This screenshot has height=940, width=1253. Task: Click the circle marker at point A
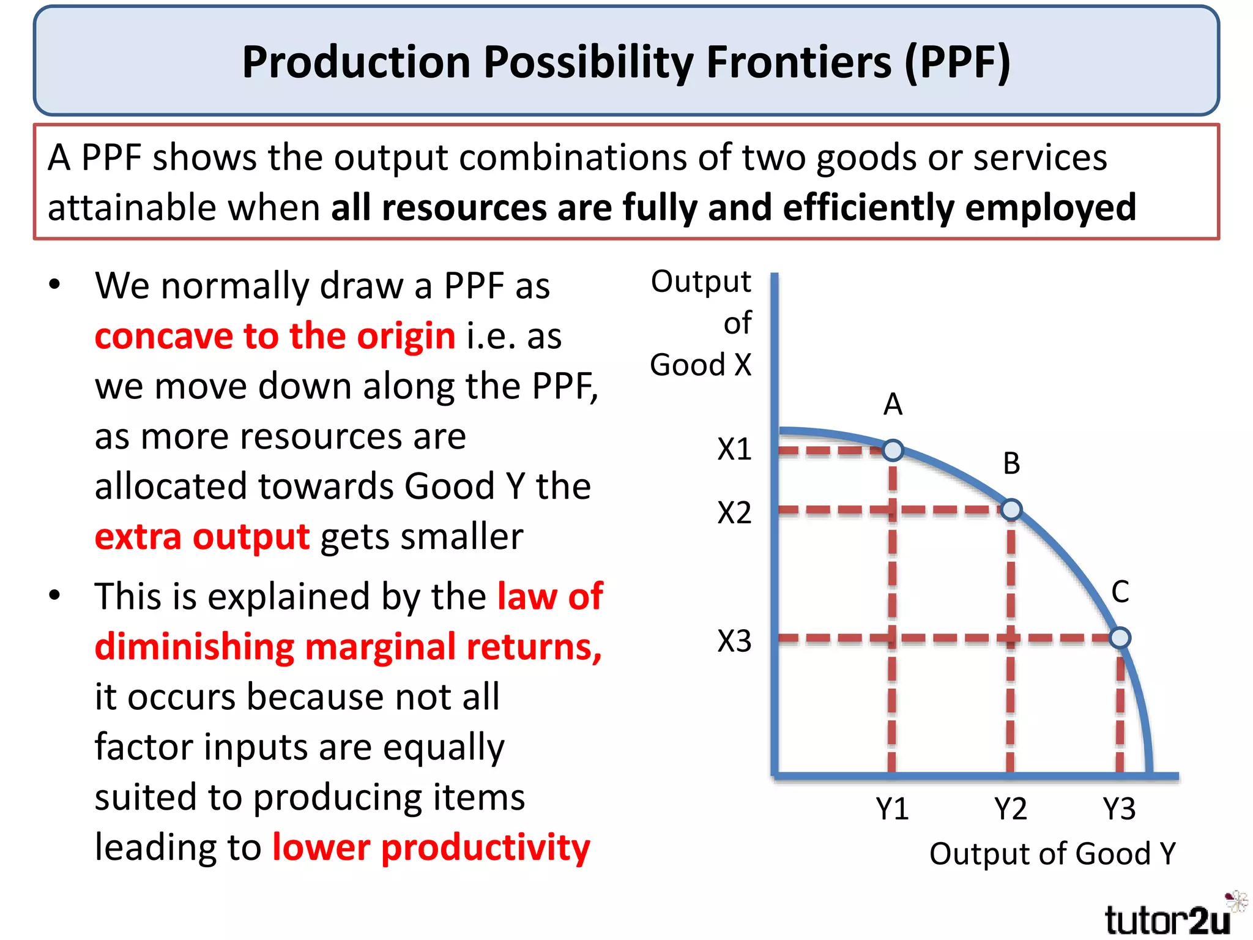[x=893, y=450]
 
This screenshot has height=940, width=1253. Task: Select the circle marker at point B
[x=1011, y=509]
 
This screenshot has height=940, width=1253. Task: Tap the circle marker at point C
[x=1120, y=638]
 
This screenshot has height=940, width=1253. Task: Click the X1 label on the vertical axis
[x=734, y=450]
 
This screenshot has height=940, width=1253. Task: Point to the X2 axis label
[x=734, y=513]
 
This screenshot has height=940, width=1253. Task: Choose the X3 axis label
[x=734, y=641]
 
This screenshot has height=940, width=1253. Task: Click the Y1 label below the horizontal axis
[x=892, y=809]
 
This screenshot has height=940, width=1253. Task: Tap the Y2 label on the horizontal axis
[x=1010, y=809]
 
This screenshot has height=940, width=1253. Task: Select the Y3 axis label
[x=1119, y=809]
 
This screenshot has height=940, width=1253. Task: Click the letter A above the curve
[x=893, y=405]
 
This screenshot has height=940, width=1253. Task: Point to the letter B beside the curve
[x=1011, y=463]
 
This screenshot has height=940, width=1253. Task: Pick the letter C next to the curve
[x=1120, y=592]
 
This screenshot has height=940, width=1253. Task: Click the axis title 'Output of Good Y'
[x=1052, y=854]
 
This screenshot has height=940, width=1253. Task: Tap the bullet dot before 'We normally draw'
[x=55, y=284]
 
